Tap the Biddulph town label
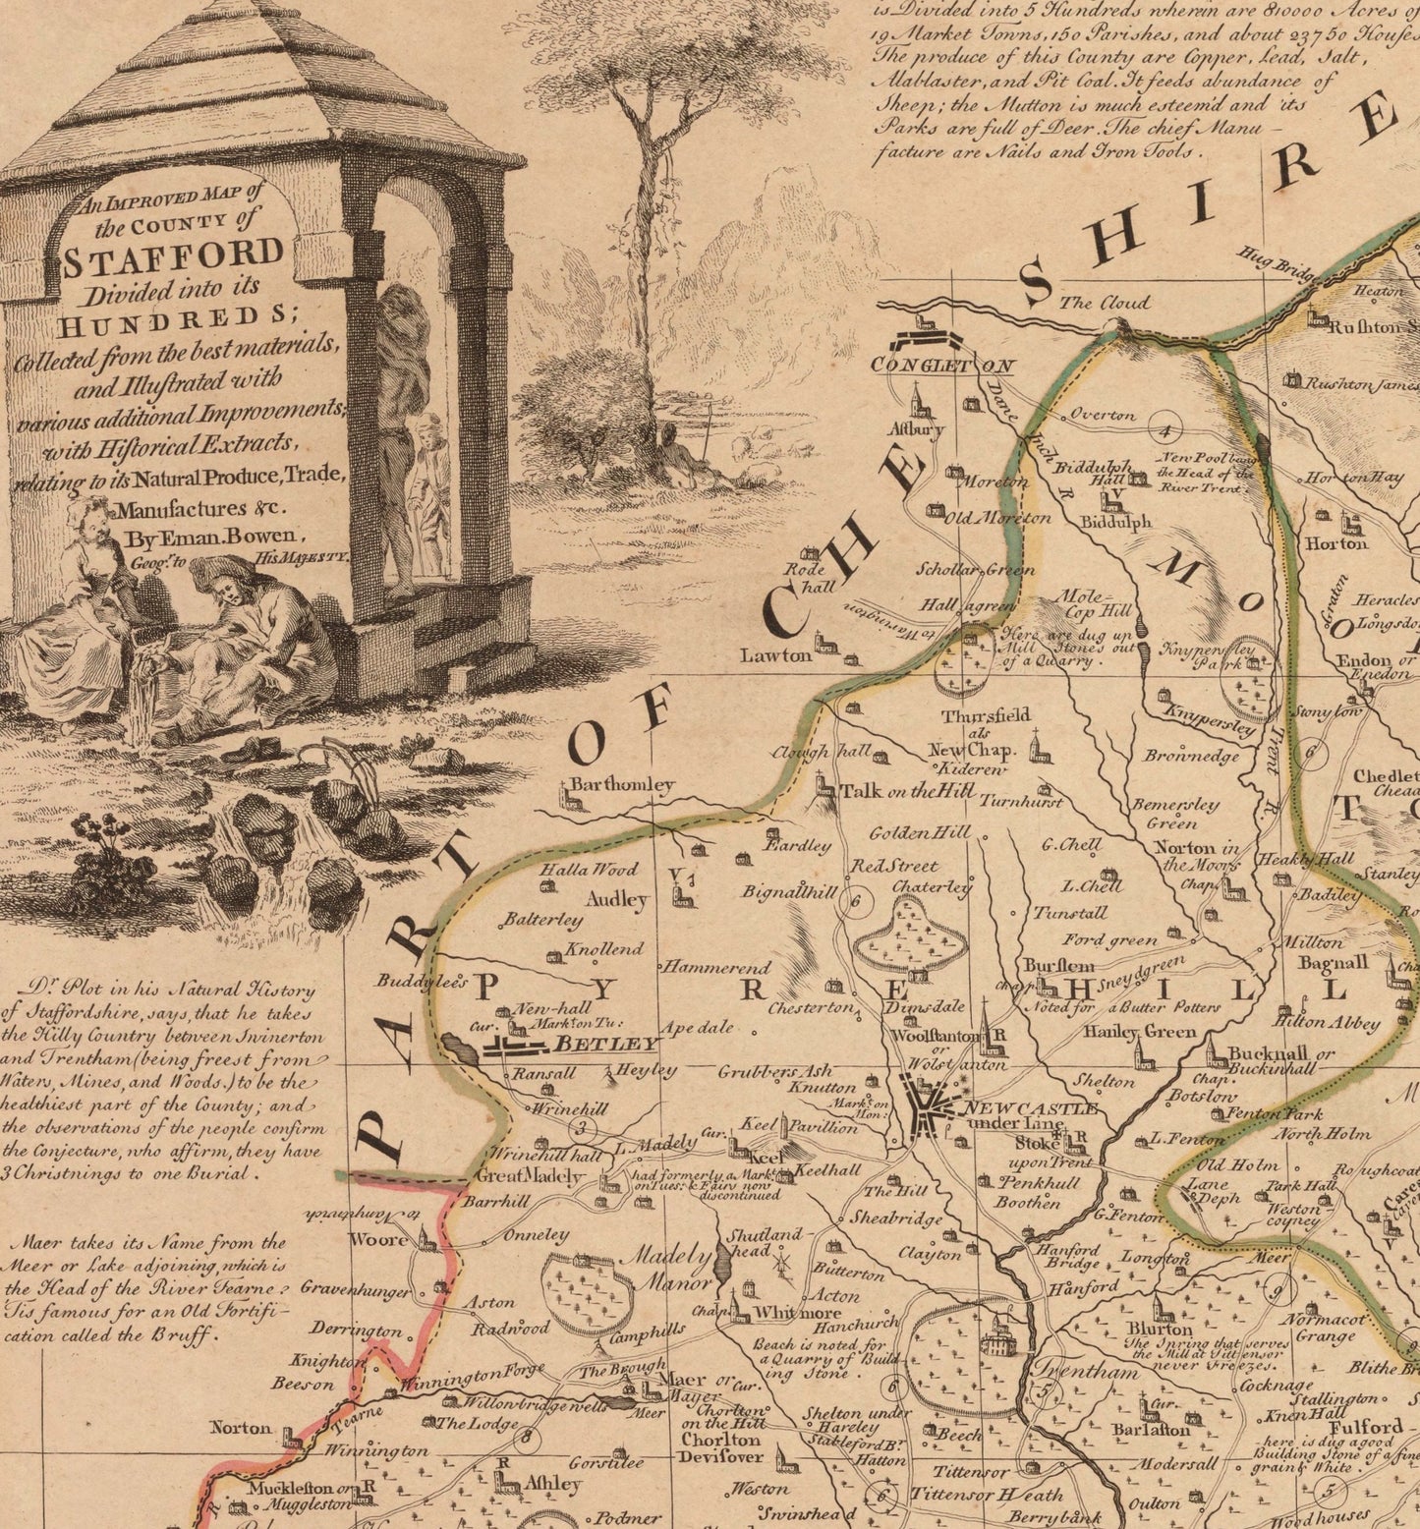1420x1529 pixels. click(x=1115, y=523)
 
